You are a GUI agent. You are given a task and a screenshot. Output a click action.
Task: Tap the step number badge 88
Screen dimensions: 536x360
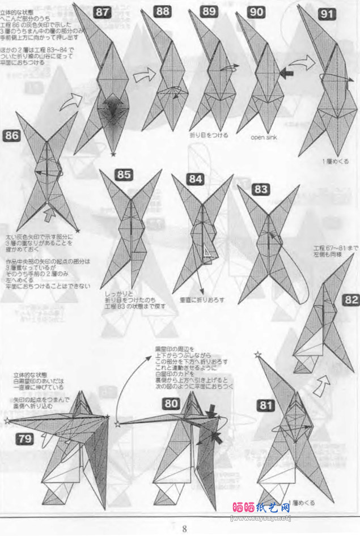point(164,11)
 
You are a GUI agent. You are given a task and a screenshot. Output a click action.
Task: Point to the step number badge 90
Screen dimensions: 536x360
point(256,11)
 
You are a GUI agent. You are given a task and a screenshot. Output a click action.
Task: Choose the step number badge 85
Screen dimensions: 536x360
point(124,175)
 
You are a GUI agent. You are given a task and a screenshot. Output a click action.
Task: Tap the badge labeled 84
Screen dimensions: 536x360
point(196,179)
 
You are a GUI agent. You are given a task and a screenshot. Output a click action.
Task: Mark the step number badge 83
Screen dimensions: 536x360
point(261,189)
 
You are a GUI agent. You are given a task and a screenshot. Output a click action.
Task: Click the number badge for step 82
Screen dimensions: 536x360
point(350,300)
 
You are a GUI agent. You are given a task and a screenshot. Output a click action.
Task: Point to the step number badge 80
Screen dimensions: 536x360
point(172,403)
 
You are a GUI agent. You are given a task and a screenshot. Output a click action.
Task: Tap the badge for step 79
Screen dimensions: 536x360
point(25,437)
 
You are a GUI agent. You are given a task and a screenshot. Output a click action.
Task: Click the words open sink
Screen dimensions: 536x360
point(262,137)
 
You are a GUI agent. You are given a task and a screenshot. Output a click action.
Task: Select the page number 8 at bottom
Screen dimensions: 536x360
point(184,529)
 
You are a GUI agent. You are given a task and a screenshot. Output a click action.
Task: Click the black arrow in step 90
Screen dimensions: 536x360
point(287,73)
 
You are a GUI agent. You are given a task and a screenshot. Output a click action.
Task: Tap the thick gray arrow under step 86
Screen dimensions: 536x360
point(50,214)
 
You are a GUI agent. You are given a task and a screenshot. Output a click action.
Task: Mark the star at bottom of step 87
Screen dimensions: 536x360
point(113,154)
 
